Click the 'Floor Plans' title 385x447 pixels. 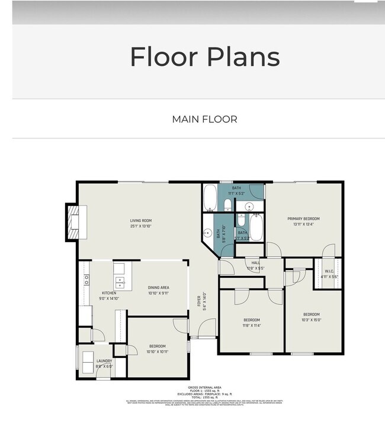204,56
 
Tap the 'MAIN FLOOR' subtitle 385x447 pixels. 204,119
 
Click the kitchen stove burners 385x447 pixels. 86,279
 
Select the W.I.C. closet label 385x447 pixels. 329,274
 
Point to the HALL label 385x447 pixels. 255,262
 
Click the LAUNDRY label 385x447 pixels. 104,361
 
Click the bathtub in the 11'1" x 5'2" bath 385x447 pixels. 210,198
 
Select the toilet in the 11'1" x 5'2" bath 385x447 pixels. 227,205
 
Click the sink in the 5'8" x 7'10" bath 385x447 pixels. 207,232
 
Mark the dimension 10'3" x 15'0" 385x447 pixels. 312,321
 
